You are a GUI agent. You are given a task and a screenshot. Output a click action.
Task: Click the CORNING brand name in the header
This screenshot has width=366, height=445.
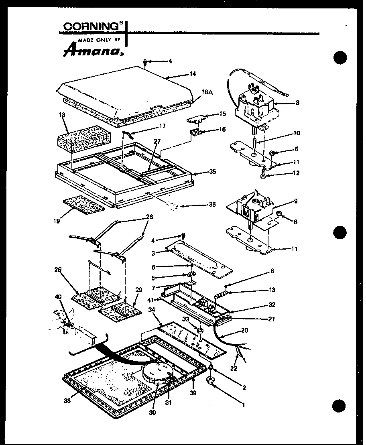pyautogui.click(x=91, y=26)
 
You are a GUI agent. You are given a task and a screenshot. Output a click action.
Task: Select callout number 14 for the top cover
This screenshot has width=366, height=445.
pyautogui.click(x=193, y=74)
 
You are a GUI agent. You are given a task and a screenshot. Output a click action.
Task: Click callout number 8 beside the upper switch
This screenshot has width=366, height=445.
pyautogui.click(x=297, y=102)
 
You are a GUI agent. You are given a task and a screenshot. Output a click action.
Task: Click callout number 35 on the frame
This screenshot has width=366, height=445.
pyautogui.click(x=213, y=171)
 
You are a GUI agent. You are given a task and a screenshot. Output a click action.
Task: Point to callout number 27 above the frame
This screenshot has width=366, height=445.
pyautogui.click(x=157, y=141)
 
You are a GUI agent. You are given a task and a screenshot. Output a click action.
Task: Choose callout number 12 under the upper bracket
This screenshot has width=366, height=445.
pyautogui.click(x=297, y=173)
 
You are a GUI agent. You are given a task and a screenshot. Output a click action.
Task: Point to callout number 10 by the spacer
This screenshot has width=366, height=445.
pyautogui.click(x=297, y=133)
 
